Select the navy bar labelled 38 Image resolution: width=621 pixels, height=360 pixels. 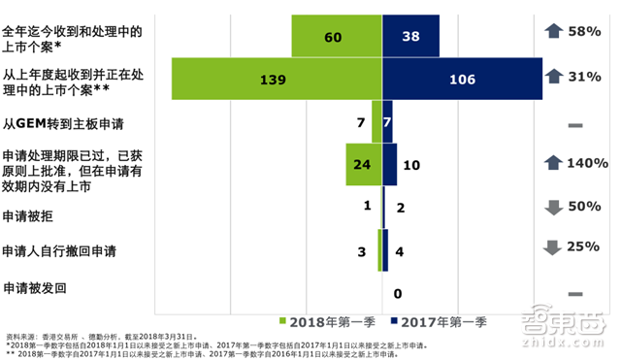click(x=411, y=37)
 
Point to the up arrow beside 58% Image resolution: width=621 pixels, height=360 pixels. click(x=554, y=33)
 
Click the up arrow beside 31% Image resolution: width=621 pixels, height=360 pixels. click(x=554, y=77)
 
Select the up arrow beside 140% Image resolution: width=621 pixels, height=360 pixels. click(x=554, y=163)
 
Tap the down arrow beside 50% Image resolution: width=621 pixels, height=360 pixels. click(x=554, y=208)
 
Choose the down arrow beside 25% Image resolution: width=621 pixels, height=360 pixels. click(x=554, y=247)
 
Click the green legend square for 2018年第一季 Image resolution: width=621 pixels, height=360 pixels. click(x=284, y=320)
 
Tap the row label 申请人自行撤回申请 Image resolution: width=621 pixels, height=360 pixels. click(x=59, y=251)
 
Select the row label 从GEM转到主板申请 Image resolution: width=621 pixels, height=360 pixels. click(x=64, y=124)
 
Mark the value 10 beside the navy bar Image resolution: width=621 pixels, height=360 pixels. click(x=410, y=166)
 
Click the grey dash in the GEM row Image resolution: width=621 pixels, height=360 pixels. click(x=574, y=126)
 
